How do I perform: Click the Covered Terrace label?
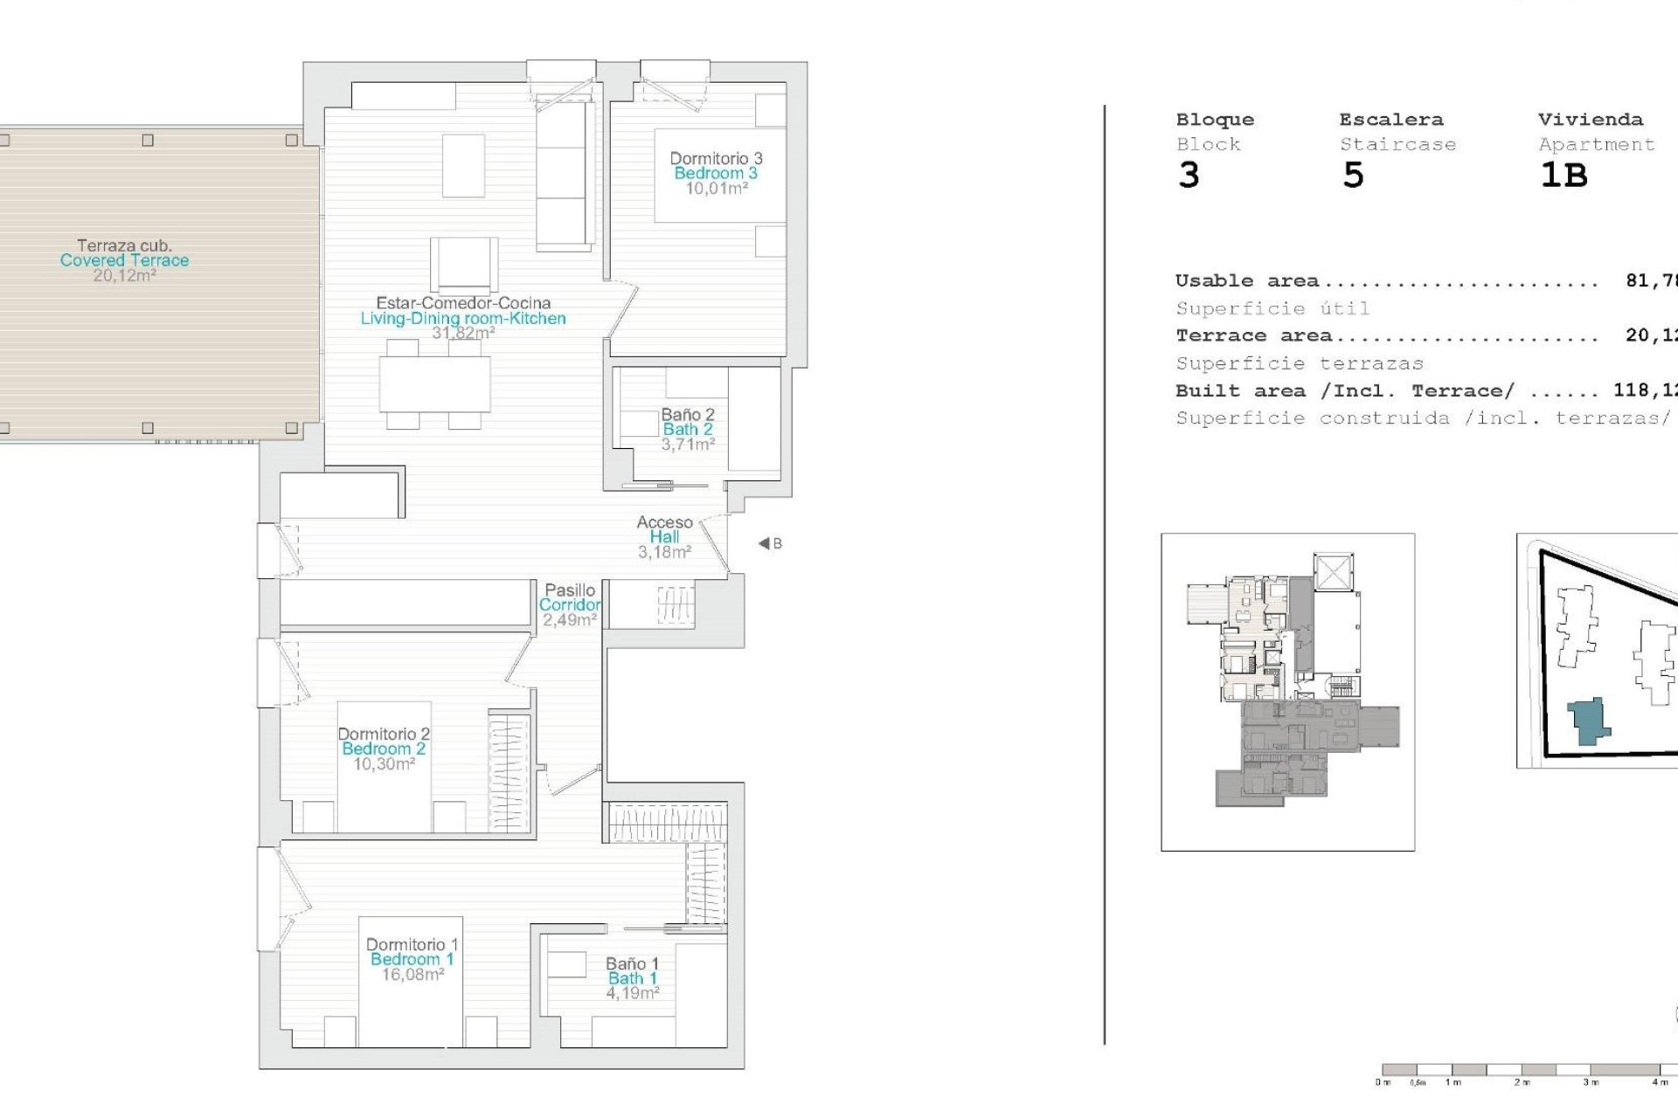(124, 260)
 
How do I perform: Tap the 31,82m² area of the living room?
(463, 334)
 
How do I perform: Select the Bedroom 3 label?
(715, 173)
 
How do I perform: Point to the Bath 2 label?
(688, 429)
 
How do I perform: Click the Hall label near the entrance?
(664, 537)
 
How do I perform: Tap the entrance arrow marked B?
(769, 543)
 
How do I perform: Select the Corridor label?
(569, 604)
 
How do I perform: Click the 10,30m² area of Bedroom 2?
(384, 764)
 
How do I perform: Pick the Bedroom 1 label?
(412, 959)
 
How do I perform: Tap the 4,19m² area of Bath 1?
(633, 993)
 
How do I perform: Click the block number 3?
(1189, 176)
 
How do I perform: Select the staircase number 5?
(1353, 176)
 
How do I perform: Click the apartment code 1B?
(1564, 176)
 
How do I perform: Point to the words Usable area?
(1246, 281)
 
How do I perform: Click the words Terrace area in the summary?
(1253, 336)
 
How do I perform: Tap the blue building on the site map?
(1588, 721)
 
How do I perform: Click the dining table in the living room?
(434, 385)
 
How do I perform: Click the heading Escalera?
(1390, 120)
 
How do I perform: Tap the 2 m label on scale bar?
(1522, 1082)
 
